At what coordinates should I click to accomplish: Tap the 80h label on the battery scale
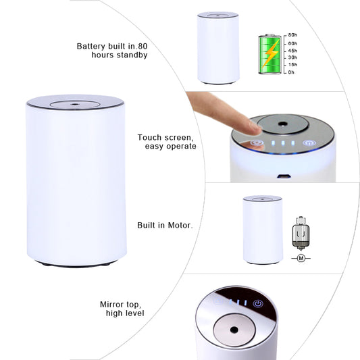292,34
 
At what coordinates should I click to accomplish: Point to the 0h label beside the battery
292,72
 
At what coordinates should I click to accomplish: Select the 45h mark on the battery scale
292,49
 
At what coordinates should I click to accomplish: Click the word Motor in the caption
179,225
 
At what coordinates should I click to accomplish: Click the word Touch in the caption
151,137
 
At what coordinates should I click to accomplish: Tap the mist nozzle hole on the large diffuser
75,105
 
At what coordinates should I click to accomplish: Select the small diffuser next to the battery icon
217,47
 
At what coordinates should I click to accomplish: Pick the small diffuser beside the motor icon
262,229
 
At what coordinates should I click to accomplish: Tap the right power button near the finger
309,143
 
